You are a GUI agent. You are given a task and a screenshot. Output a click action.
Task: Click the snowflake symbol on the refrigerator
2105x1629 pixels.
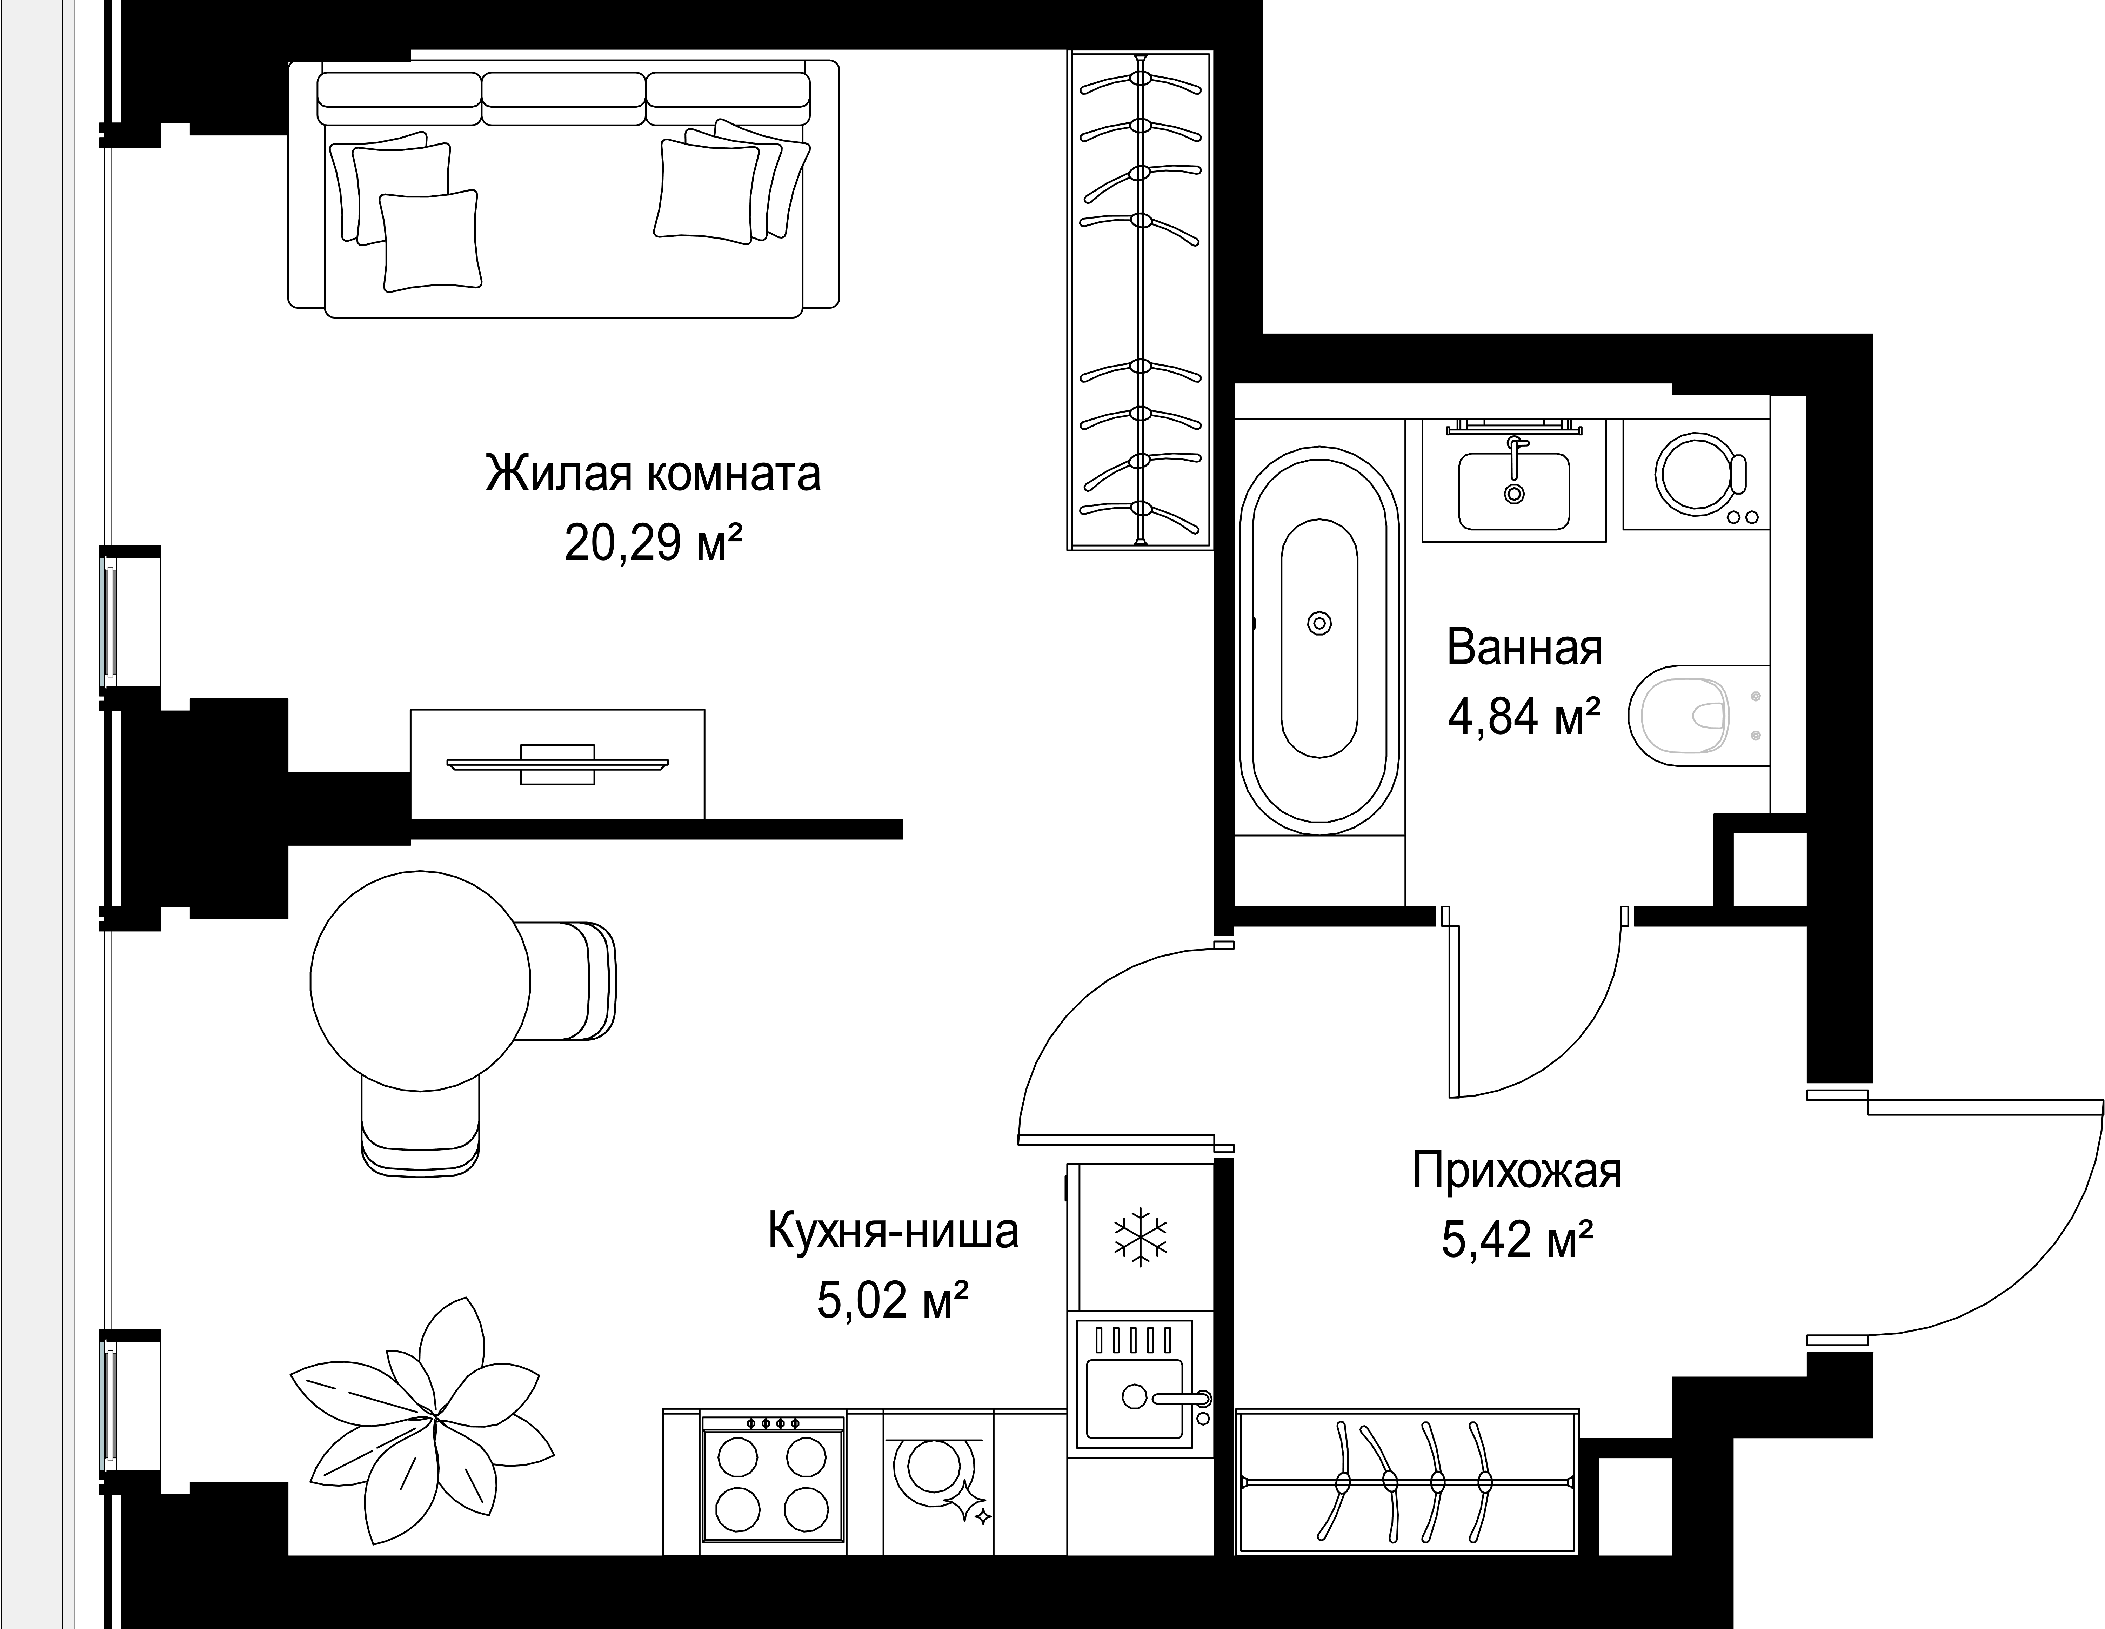click(1140, 1236)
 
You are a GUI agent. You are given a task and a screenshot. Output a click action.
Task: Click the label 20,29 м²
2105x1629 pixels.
click(654, 545)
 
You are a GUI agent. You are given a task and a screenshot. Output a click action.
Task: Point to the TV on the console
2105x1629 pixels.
click(557, 764)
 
